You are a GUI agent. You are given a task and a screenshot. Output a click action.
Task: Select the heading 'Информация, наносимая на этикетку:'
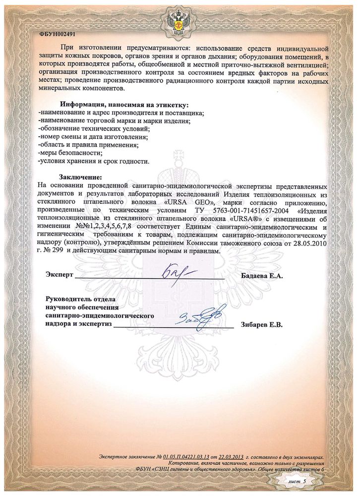(x=124, y=105)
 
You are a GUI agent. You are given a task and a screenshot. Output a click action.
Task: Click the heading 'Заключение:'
(x=81, y=177)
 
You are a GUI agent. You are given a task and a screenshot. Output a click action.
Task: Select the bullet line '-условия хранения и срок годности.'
(x=93, y=161)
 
